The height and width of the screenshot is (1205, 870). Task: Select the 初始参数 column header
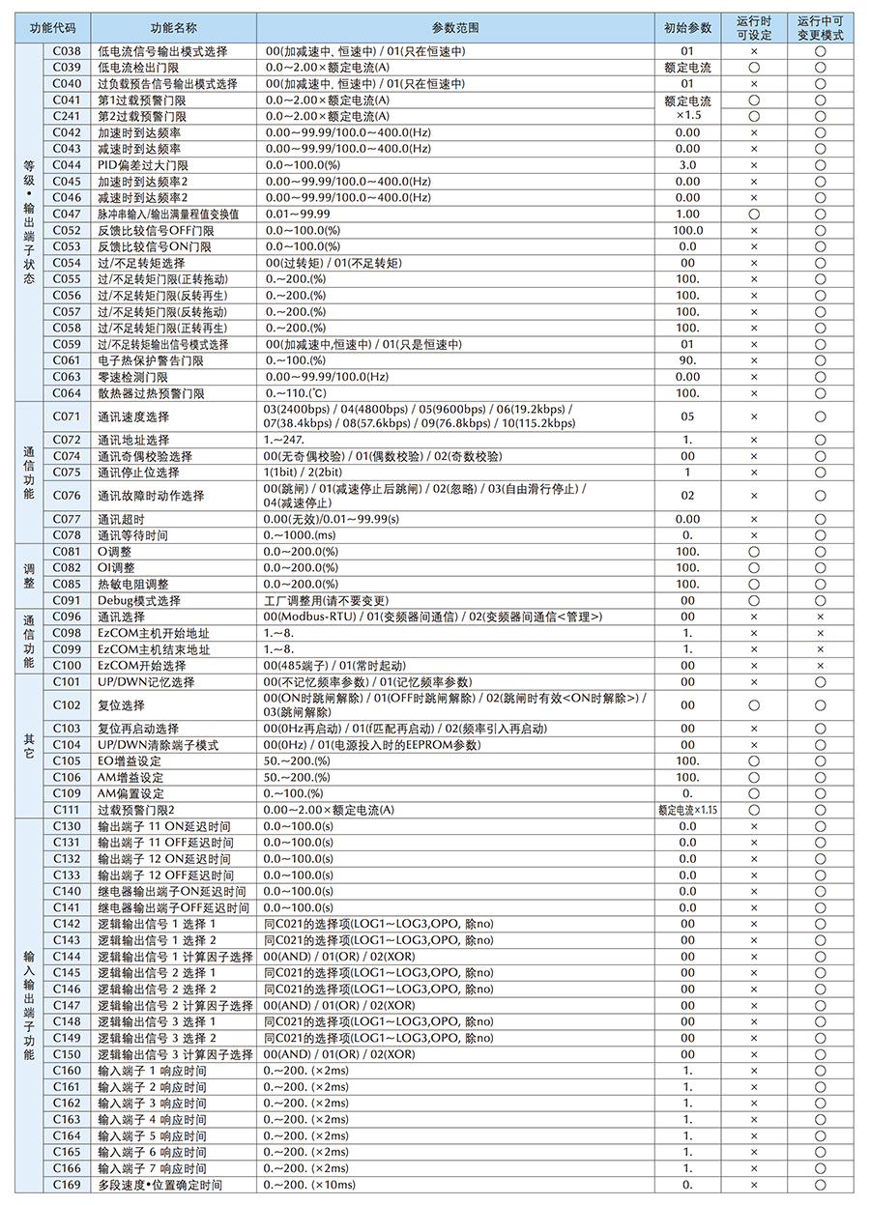point(687,28)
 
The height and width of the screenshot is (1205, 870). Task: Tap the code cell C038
point(66,51)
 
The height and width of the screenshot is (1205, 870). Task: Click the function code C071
point(66,416)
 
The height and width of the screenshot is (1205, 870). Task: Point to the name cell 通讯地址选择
point(133,440)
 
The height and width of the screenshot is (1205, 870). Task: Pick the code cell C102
point(66,705)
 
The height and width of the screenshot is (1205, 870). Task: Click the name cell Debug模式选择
point(139,600)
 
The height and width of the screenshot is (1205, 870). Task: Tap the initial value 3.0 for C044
point(687,165)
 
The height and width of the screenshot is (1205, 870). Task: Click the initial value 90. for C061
point(687,360)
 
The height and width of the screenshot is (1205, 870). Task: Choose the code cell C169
point(66,1185)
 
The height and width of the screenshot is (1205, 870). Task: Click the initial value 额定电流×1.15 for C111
point(687,810)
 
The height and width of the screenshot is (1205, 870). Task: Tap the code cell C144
point(66,957)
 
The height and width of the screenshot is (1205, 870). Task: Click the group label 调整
point(29,575)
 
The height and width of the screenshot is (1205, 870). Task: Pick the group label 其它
point(29,745)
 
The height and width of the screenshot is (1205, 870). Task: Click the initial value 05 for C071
point(687,416)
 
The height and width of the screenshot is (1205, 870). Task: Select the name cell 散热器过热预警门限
point(150,393)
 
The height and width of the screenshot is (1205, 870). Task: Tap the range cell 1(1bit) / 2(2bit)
point(302,473)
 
